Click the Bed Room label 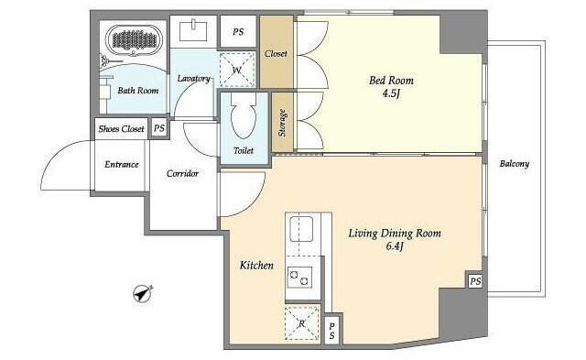[x=391, y=81]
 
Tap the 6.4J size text [x=395, y=246]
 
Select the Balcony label [x=515, y=164]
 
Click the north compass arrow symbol [x=143, y=294]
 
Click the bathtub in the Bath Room [x=134, y=39]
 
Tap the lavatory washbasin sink [x=193, y=30]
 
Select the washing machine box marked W [x=237, y=70]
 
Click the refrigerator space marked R [x=302, y=323]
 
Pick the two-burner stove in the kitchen [x=299, y=278]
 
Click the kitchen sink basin [x=301, y=228]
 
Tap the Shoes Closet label [x=121, y=129]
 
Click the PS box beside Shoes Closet [x=159, y=128]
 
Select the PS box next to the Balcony [x=475, y=280]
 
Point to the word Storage [x=283, y=123]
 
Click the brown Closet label [x=277, y=54]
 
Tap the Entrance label [x=122, y=165]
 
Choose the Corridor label [x=182, y=173]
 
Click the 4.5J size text [x=391, y=93]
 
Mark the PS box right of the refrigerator [x=332, y=331]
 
